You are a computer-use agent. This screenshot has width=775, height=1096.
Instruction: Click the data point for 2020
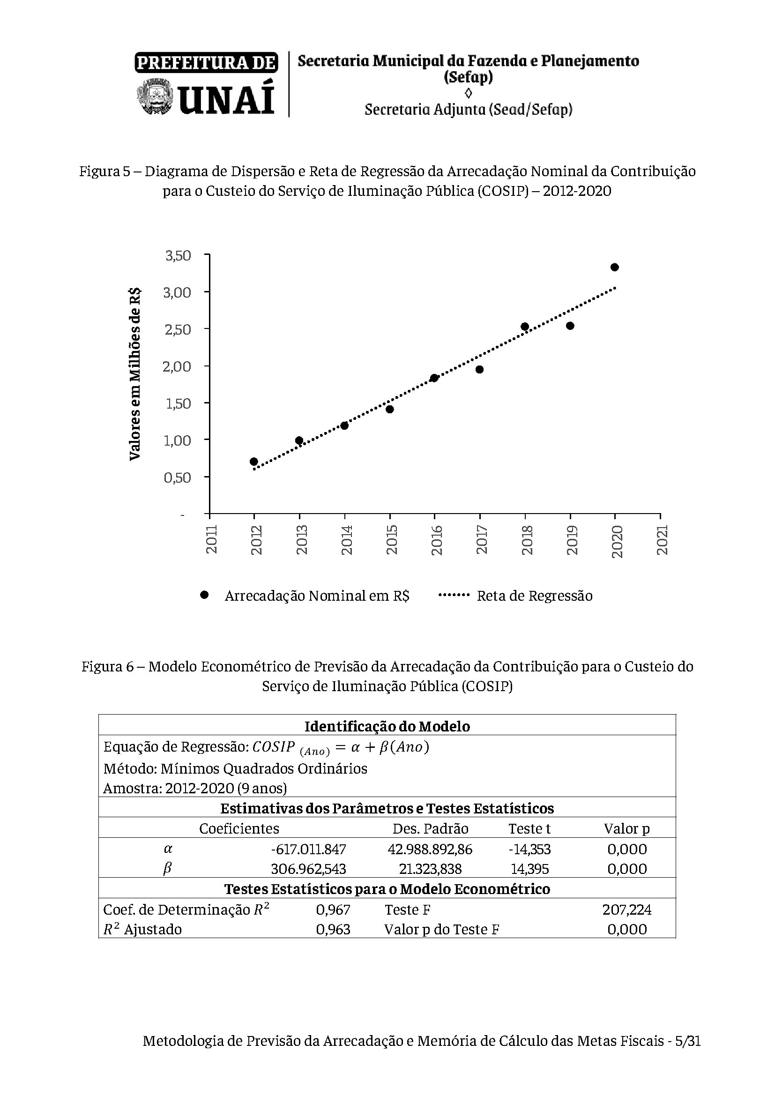pyautogui.click(x=615, y=267)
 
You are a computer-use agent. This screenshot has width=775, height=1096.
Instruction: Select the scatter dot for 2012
pyautogui.click(x=254, y=462)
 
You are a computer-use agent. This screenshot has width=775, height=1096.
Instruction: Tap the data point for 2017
pyautogui.click(x=480, y=369)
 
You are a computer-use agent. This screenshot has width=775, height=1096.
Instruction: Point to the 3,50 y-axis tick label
pyautogui.click(x=178, y=256)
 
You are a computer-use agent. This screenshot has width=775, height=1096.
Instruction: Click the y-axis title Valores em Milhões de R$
pyautogui.click(x=135, y=374)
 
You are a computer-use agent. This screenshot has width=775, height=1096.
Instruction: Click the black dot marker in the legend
pyautogui.click(x=205, y=595)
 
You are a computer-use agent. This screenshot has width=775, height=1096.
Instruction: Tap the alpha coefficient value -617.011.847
pyautogui.click(x=308, y=849)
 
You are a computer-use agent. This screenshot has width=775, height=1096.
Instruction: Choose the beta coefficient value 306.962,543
pyautogui.click(x=308, y=869)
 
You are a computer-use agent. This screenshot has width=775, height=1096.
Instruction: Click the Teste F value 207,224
pyautogui.click(x=626, y=910)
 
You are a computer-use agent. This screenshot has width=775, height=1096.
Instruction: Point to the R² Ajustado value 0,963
pyautogui.click(x=333, y=929)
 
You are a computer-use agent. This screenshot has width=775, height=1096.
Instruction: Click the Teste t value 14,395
pyautogui.click(x=530, y=869)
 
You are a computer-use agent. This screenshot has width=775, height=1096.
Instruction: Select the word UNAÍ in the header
pyautogui.click(x=227, y=99)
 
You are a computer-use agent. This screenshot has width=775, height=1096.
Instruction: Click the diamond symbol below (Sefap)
pyautogui.click(x=468, y=93)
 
